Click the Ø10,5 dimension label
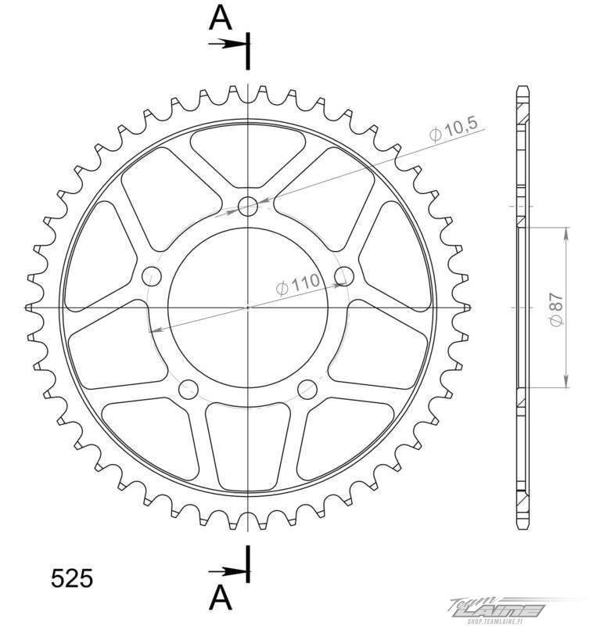coord(454,130)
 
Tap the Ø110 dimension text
coord(298,284)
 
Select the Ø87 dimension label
coord(556,309)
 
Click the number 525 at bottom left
coord(72,577)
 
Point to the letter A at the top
coord(221,18)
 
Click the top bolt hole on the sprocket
coord(248,207)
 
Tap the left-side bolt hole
coord(152,276)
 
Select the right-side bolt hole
coord(344,276)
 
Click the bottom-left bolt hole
coord(189,389)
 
